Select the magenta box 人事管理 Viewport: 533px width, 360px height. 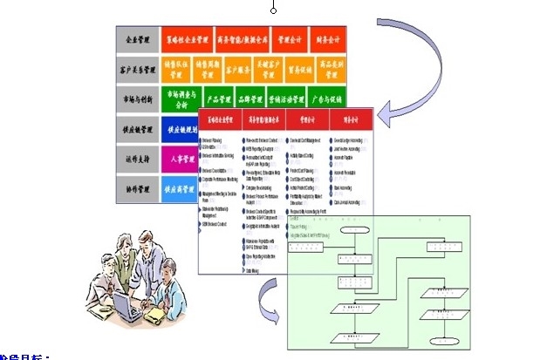181,160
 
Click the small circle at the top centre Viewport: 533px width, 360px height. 273,10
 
